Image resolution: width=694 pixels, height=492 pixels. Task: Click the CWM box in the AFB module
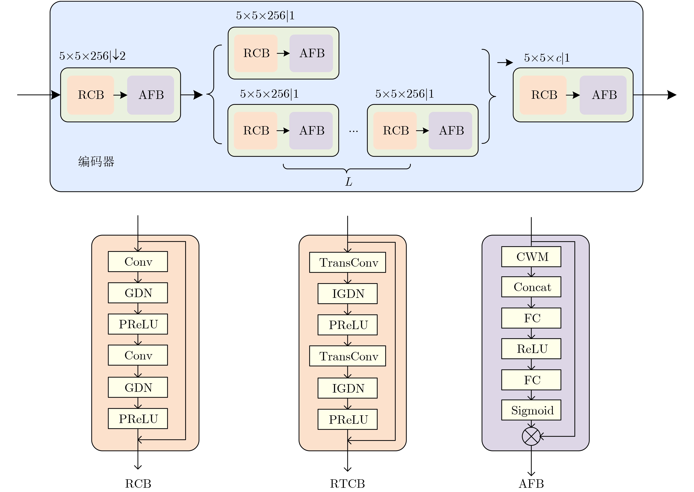(531, 257)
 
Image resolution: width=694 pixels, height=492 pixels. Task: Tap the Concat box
(531, 287)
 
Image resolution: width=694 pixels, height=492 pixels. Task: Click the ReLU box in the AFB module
(531, 349)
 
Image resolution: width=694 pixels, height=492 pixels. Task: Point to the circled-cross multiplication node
(531, 436)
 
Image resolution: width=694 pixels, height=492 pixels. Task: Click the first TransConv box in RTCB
(347, 262)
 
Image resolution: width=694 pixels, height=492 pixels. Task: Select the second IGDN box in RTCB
(347, 388)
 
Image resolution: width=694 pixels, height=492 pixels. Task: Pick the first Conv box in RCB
(138, 261)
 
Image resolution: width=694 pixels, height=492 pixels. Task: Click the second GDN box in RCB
(138, 387)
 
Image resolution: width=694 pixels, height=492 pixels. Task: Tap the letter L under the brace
(348, 182)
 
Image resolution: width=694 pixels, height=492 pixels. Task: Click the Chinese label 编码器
(96, 161)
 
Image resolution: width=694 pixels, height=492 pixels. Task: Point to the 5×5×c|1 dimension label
(547, 58)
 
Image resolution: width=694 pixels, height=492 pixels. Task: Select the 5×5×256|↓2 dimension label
(92, 56)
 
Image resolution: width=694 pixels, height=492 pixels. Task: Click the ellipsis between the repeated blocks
(353, 131)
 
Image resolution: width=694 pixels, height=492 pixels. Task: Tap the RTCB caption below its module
(347, 484)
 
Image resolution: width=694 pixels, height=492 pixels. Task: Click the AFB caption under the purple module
(531, 484)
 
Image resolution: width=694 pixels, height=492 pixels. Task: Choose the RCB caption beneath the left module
(138, 484)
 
